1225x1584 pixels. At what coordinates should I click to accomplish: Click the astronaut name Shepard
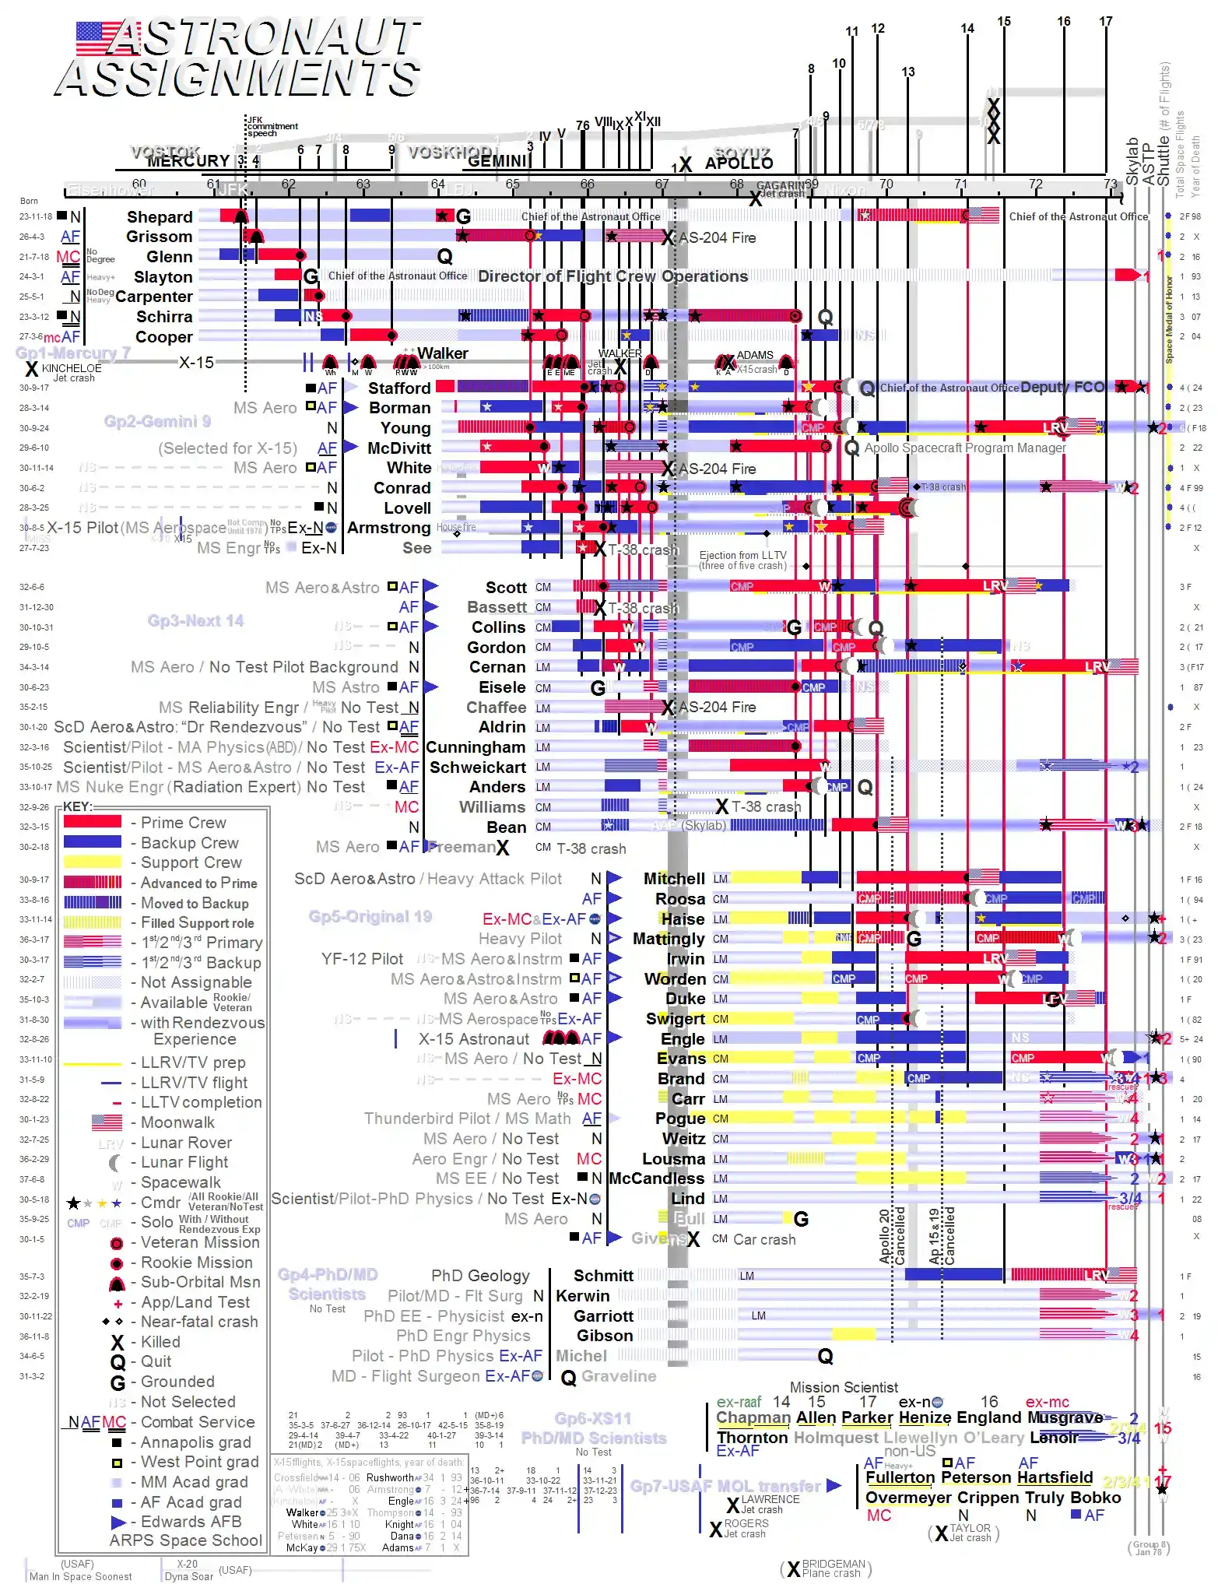[x=160, y=217]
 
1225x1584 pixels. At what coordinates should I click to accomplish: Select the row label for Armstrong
[x=388, y=528]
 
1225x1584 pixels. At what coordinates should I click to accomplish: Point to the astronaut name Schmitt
[x=603, y=1276]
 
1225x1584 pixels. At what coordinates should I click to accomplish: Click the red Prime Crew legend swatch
[x=92, y=822]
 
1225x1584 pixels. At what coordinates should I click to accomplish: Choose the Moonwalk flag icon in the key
[x=107, y=1122]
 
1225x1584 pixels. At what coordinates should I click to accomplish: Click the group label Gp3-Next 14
[x=195, y=620]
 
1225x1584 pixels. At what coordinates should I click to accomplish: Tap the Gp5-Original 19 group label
[x=370, y=916]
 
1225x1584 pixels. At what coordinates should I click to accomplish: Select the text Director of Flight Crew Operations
[x=612, y=276]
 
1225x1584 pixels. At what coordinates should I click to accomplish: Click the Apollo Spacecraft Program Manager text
[x=964, y=448]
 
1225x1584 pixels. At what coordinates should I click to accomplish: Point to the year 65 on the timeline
[x=512, y=184]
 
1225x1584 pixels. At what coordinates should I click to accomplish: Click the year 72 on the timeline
[x=1035, y=184]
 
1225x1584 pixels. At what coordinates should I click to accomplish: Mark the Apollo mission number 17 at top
[x=1105, y=22]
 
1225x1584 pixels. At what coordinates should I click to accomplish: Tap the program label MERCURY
[x=188, y=161]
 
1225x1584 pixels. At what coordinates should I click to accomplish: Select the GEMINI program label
[x=498, y=161]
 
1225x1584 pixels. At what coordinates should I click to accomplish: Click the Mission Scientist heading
[x=844, y=1387]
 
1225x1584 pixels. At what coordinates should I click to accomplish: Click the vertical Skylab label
[x=1132, y=161]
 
